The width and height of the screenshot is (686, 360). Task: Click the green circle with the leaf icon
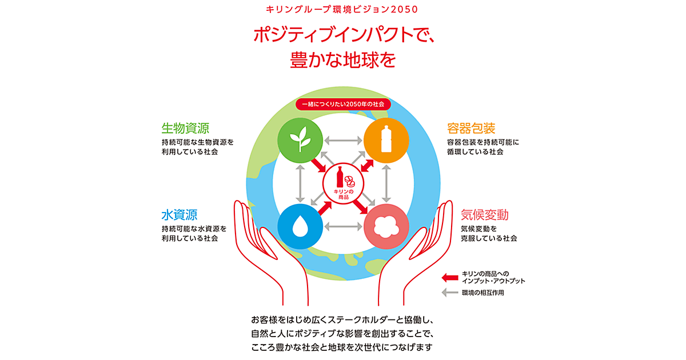click(x=300, y=140)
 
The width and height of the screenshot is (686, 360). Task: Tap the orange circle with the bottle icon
click(x=386, y=140)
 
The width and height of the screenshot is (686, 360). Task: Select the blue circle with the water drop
click(x=300, y=227)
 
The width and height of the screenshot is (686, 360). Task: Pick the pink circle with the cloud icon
click(x=386, y=227)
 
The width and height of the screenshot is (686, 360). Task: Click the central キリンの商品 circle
click(x=343, y=183)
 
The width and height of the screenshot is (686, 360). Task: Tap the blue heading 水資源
click(x=180, y=215)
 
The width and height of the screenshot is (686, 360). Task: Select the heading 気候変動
click(x=485, y=215)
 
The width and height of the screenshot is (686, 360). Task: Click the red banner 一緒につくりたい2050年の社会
click(x=343, y=105)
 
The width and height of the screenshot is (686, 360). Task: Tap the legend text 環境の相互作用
click(x=483, y=293)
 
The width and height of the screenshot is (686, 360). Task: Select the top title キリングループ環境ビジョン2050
click(x=343, y=10)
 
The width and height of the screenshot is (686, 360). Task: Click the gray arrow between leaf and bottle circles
click(x=343, y=140)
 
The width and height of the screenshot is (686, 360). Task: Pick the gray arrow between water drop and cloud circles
click(x=343, y=227)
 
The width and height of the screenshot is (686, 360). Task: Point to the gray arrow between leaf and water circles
click(x=300, y=183)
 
